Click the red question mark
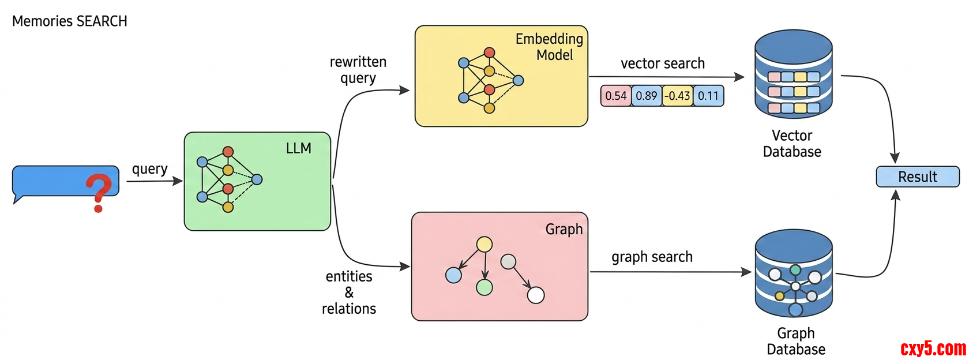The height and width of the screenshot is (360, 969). (x=99, y=192)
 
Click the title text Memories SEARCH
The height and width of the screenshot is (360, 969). (x=70, y=21)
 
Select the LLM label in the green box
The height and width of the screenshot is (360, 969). (x=298, y=148)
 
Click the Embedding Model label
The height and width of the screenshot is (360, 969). (x=549, y=47)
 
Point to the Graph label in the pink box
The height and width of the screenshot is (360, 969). (x=564, y=229)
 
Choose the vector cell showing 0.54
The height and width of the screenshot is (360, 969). (x=615, y=96)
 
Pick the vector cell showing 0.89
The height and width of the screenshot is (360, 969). (x=647, y=96)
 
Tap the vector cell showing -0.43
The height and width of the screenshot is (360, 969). (x=677, y=96)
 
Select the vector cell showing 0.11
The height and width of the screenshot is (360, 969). (x=708, y=96)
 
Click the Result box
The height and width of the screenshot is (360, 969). (x=917, y=177)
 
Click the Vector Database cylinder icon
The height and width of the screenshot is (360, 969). (x=794, y=75)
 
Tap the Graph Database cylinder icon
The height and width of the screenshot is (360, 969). (x=794, y=273)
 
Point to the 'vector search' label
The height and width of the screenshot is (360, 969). (x=663, y=63)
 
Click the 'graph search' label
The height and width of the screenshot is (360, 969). (x=652, y=257)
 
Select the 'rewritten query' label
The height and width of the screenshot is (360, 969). (x=358, y=70)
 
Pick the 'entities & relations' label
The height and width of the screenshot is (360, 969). (x=349, y=292)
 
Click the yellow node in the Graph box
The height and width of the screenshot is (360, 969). (x=484, y=245)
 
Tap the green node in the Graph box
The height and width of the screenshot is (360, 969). (x=484, y=287)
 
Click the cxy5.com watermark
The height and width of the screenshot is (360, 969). (x=933, y=348)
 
